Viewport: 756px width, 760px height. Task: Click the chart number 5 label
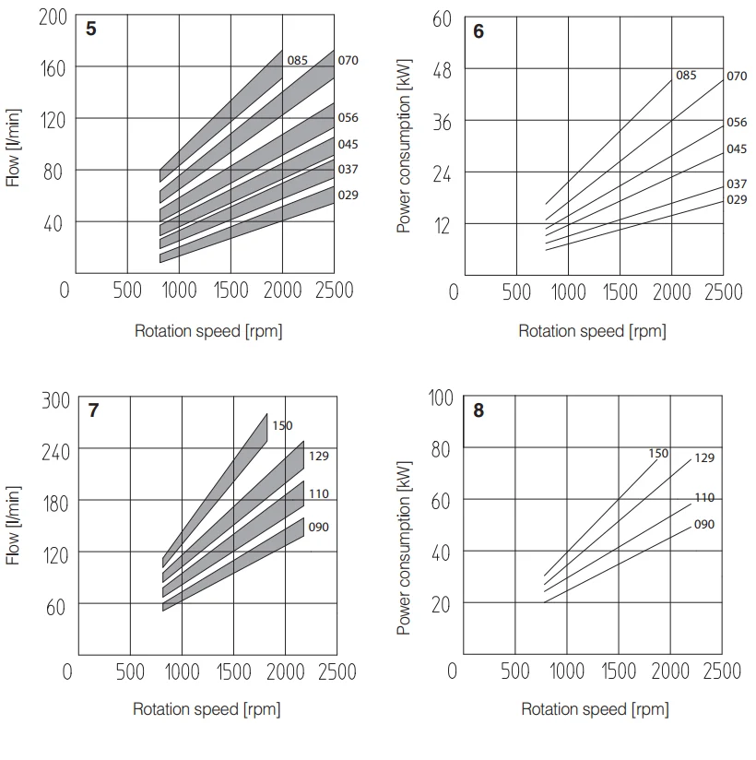pos(90,29)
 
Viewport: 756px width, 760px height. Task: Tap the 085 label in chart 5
pos(297,61)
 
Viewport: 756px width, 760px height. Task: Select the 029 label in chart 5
pos(348,196)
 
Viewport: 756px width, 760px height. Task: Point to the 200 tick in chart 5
pos(52,16)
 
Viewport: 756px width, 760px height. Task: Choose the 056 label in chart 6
pos(737,123)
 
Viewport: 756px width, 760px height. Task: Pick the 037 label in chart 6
pos(737,184)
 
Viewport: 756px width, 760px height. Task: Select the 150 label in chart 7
pos(282,426)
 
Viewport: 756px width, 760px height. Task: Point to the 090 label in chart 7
pos(319,528)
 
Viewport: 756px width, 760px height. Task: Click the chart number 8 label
pos(478,411)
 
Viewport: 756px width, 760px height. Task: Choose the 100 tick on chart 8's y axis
pos(442,398)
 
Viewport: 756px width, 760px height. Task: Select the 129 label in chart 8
pos(704,458)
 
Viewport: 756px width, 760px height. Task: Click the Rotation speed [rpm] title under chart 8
pos(595,709)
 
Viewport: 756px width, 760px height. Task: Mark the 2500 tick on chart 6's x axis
pos(723,292)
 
